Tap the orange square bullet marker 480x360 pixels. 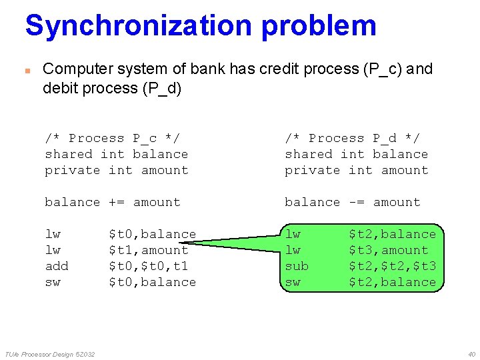pos(27,70)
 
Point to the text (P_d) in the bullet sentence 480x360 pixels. pos(161,88)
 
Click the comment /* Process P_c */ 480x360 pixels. pos(112,138)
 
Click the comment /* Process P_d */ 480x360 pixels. pos(352,138)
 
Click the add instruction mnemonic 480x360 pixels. pos(57,266)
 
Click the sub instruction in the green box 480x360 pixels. pos(297,266)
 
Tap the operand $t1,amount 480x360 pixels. pos(148,250)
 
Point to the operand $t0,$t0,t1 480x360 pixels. pos(148,266)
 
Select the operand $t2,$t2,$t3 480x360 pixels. pos(392,266)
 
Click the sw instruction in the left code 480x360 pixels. pos(53,282)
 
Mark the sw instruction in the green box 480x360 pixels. pos(293,282)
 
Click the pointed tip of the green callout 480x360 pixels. pos(180,245)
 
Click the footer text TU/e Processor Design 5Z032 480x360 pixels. pos(50,353)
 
